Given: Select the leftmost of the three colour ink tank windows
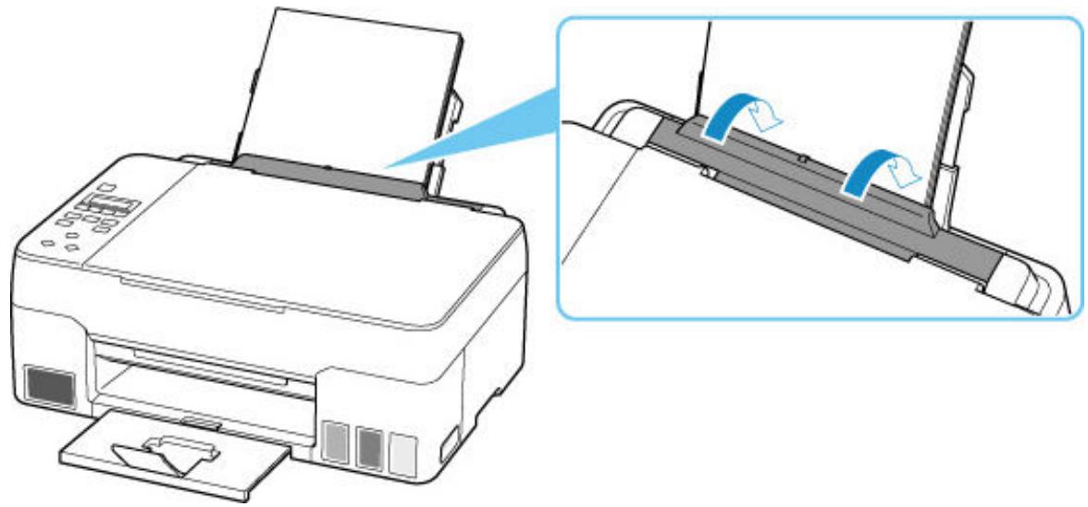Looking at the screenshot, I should tap(340, 442).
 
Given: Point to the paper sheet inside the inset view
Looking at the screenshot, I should tap(833, 83).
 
